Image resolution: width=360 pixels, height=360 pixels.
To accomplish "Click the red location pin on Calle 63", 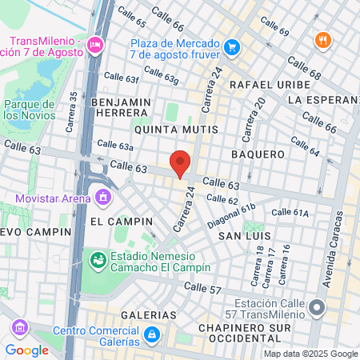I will point(181,162).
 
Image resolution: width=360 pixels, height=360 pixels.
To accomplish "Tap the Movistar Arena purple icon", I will point(102,196).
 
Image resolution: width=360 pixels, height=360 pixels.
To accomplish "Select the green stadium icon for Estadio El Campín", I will point(97,260).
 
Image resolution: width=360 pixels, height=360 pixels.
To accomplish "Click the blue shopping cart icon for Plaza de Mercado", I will point(232,47).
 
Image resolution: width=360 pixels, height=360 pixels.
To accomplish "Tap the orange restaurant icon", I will point(322,41).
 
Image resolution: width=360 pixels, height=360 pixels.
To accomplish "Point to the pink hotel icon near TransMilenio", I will point(96,45).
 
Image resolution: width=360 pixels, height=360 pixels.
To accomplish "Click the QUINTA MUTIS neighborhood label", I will point(166,128).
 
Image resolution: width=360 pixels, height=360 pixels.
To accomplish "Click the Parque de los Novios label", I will point(28,110).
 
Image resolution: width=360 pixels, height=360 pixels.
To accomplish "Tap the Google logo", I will point(26,350).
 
